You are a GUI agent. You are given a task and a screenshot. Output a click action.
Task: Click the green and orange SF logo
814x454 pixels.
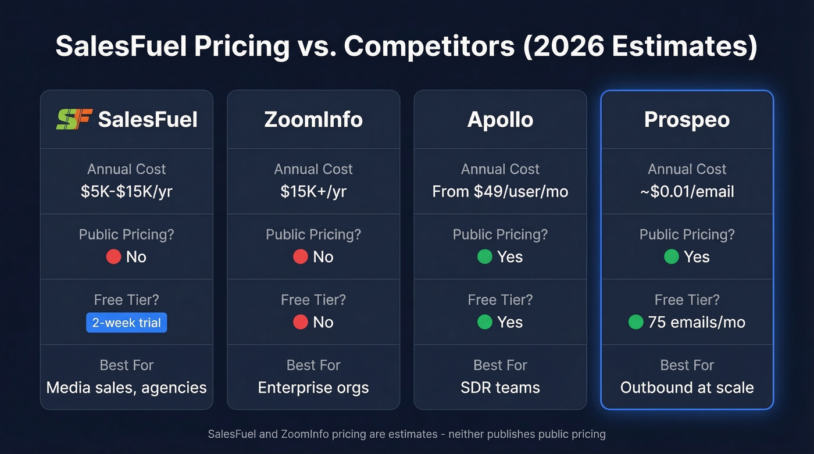pos(74,119)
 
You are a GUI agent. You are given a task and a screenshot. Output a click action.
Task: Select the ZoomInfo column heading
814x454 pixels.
pos(313,120)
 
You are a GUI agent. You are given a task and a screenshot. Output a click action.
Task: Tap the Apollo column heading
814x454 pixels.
pos(500,120)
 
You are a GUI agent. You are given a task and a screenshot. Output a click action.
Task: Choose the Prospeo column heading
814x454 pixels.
pos(687,120)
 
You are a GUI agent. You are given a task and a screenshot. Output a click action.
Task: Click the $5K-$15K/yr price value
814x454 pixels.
pos(127,192)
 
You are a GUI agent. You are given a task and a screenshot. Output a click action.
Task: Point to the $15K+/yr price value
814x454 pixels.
pos(313,192)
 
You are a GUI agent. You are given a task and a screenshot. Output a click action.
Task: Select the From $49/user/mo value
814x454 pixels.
pos(500,192)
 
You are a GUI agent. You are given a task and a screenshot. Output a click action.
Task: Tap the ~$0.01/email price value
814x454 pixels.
pos(687,192)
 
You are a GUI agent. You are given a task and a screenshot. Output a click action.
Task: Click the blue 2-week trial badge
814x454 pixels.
pos(127,323)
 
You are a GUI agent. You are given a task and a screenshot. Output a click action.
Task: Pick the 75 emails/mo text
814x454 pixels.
pos(697,323)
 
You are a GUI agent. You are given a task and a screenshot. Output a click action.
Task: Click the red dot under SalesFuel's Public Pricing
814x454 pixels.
pos(113,257)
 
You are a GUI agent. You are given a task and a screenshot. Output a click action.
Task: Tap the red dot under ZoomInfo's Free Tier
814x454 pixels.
pos(300,322)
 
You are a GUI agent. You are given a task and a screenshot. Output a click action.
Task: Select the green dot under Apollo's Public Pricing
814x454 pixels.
pos(484,257)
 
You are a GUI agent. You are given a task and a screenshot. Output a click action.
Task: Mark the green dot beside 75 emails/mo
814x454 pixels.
pos(636,322)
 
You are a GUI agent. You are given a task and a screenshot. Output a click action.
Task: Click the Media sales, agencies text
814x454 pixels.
pos(127,388)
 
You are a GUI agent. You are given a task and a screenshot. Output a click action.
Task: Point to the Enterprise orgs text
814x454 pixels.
pos(313,388)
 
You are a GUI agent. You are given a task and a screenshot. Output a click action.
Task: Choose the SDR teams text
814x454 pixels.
pos(500,388)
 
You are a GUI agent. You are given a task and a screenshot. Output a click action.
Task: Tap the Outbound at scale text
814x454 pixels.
pos(687,388)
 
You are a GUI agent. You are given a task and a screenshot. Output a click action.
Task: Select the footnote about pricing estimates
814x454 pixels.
pos(406,434)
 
